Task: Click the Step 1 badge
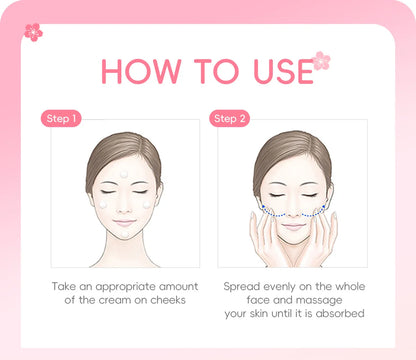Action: (x=61, y=119)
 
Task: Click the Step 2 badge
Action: (x=230, y=119)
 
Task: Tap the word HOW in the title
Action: (x=141, y=71)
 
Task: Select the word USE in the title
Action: (x=273, y=71)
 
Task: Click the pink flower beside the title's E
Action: (x=321, y=61)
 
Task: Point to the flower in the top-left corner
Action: (x=33, y=32)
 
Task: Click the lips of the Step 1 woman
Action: (x=125, y=222)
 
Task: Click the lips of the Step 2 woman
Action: (x=292, y=223)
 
